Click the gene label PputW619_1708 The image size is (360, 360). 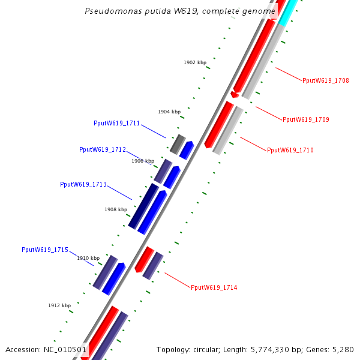pyautogui.click(x=326, y=80)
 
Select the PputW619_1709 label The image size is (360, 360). pyautogui.click(x=306, y=119)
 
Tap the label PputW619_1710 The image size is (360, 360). pyautogui.click(x=290, y=150)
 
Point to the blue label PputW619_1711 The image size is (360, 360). pyautogui.click(x=117, y=124)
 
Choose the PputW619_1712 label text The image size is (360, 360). pyautogui.click(x=103, y=149)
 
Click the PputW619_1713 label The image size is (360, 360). pyautogui.click(x=83, y=184)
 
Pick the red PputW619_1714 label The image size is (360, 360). pyautogui.click(x=214, y=288)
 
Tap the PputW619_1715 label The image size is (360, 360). pyautogui.click(x=45, y=250)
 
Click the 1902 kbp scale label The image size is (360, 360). pyautogui.click(x=195, y=62)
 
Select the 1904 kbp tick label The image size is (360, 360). pyautogui.click(x=169, y=112)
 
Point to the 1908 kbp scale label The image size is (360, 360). pyautogui.click(x=116, y=209)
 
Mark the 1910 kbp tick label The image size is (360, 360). pyautogui.click(x=88, y=258)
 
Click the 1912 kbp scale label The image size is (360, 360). pyautogui.click(x=59, y=305)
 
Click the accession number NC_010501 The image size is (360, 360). pyautogui.click(x=64, y=349)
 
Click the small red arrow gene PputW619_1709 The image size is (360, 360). pyautogui.click(x=235, y=94)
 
